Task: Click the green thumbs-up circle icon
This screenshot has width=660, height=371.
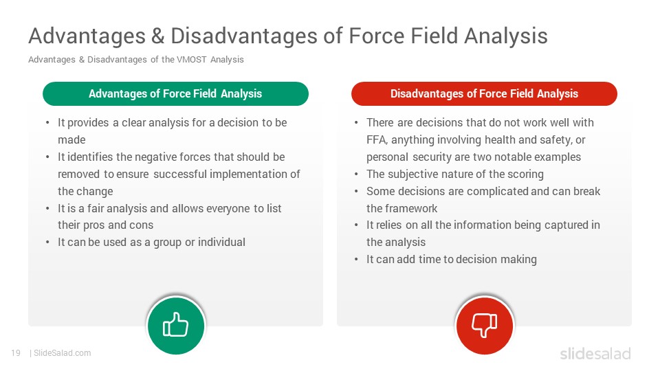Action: pos(176,326)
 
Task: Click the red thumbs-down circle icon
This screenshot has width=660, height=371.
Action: pos(485,326)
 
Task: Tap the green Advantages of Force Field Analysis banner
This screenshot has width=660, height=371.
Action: pos(175,94)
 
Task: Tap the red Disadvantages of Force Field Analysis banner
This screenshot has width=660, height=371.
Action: pos(484,94)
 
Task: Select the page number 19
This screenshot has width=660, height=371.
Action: pos(16,353)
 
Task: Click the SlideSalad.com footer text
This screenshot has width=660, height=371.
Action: pos(63,353)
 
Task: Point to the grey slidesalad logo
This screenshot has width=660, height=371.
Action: pos(595,353)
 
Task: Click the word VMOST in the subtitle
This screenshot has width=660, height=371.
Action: pos(192,59)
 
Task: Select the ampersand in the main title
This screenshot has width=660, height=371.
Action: pos(157,36)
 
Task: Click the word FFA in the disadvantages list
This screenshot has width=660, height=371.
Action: pos(376,139)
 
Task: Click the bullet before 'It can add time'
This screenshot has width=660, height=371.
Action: pos(356,260)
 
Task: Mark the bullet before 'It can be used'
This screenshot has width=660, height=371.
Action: pos(47,243)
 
